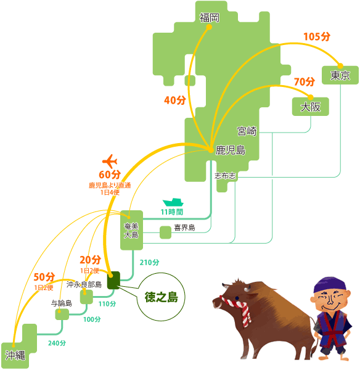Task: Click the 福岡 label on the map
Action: pos(210,18)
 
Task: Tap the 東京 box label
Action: pos(340,75)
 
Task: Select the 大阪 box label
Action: pos(311,107)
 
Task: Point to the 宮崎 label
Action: pos(247,131)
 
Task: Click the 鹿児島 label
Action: pos(231,150)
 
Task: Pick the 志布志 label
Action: pos(225,176)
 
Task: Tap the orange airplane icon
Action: pos(110,162)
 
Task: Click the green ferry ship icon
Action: pos(173,202)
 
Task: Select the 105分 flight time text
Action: pos(317,36)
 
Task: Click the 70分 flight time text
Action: pos(305,81)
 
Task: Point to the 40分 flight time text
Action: pos(175,100)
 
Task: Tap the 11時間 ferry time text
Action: pos(172,212)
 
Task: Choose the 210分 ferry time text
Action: pos(149,263)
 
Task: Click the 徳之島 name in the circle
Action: pos(161,297)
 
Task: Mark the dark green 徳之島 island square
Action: pos(113,280)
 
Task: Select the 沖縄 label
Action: pos(15,355)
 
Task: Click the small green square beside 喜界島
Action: pos(165,232)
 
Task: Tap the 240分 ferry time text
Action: pos(57,343)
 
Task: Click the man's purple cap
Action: pos(330,285)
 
